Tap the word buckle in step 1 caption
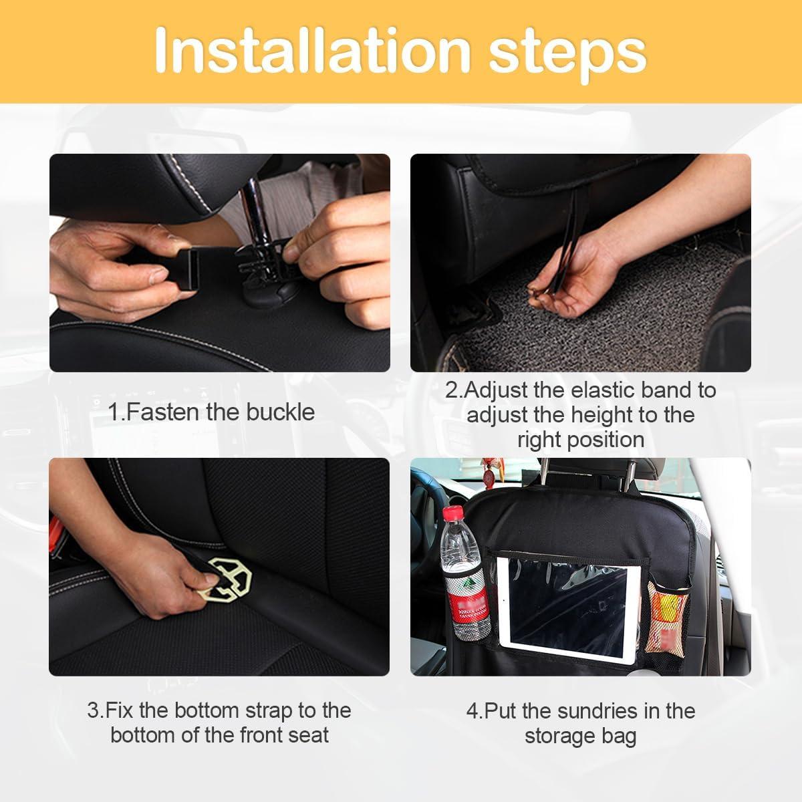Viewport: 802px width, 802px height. pos(280,412)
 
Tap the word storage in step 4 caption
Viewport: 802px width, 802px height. pos(562,736)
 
